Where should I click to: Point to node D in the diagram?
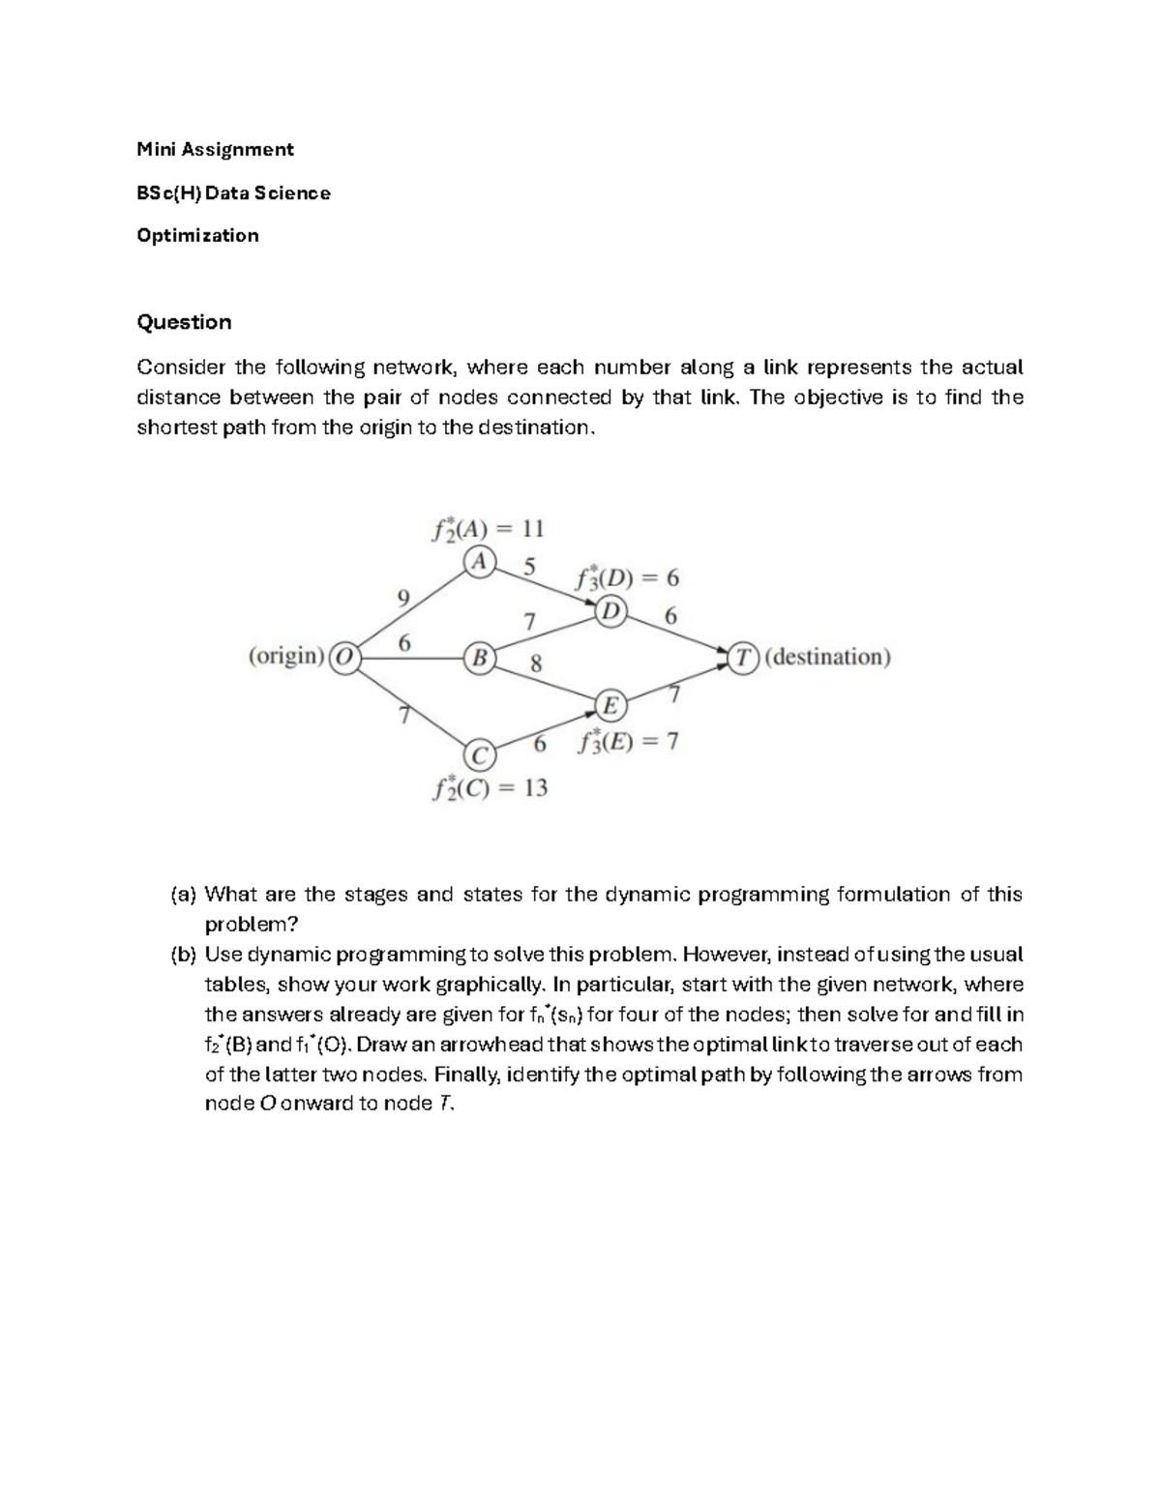tap(610, 611)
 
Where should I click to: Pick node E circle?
tap(610, 706)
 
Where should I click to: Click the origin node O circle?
tap(344, 658)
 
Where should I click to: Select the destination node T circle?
tap(743, 658)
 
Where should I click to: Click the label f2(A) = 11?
tap(488, 529)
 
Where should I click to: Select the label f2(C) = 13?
tap(491, 788)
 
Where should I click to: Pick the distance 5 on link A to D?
tap(528, 567)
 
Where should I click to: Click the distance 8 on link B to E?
tap(535, 664)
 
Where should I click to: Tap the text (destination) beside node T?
tap(827, 658)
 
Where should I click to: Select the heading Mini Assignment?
tap(215, 149)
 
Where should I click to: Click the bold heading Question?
tap(184, 322)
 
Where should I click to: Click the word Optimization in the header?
tap(197, 236)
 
